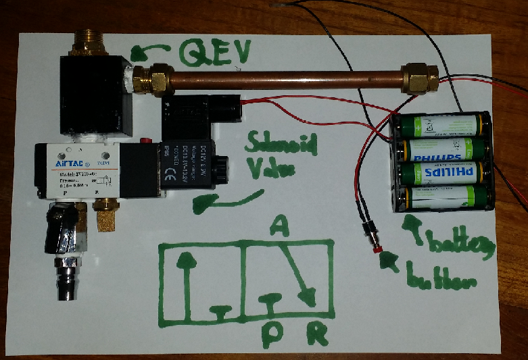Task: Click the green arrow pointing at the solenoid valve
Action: pos(216,201)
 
